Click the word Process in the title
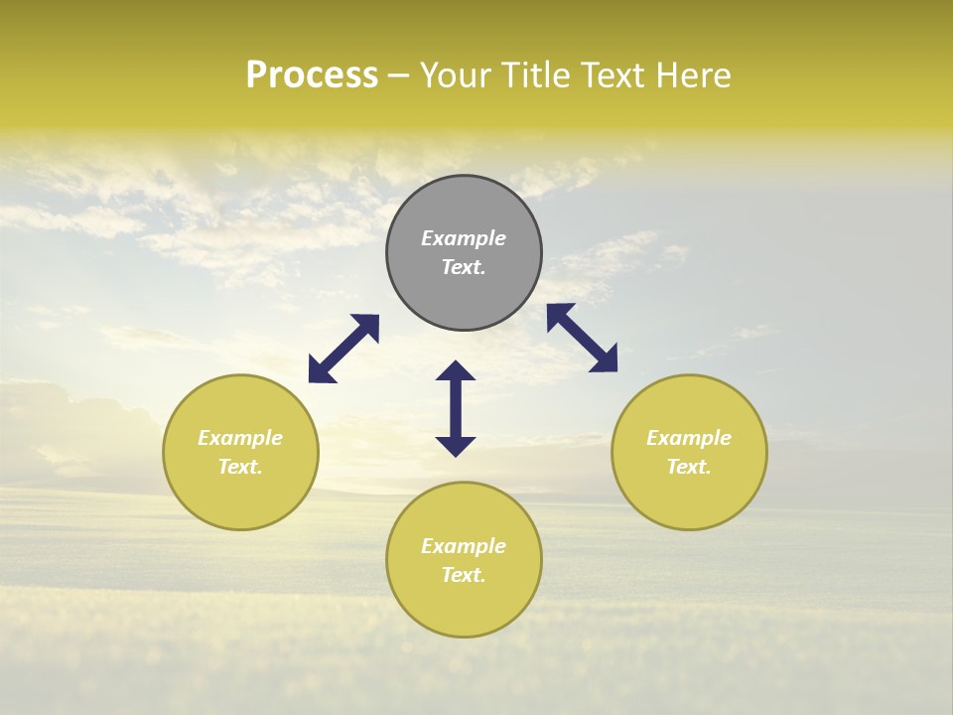pyautogui.click(x=312, y=75)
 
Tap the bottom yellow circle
pyautogui.click(x=464, y=606)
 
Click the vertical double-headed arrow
pyautogui.click(x=456, y=409)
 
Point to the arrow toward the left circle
pyautogui.click(x=343, y=349)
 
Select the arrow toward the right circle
pyautogui.click(x=582, y=338)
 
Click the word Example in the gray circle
pyautogui.click(x=464, y=238)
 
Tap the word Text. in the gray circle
pyautogui.click(x=464, y=267)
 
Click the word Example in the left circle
pyautogui.click(x=240, y=438)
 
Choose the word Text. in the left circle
pyautogui.click(x=240, y=467)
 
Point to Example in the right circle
pyautogui.click(x=689, y=438)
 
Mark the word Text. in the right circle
pyautogui.click(x=689, y=467)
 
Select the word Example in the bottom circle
pyautogui.click(x=464, y=546)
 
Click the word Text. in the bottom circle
pyautogui.click(x=464, y=575)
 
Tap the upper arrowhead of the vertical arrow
pyautogui.click(x=456, y=371)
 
